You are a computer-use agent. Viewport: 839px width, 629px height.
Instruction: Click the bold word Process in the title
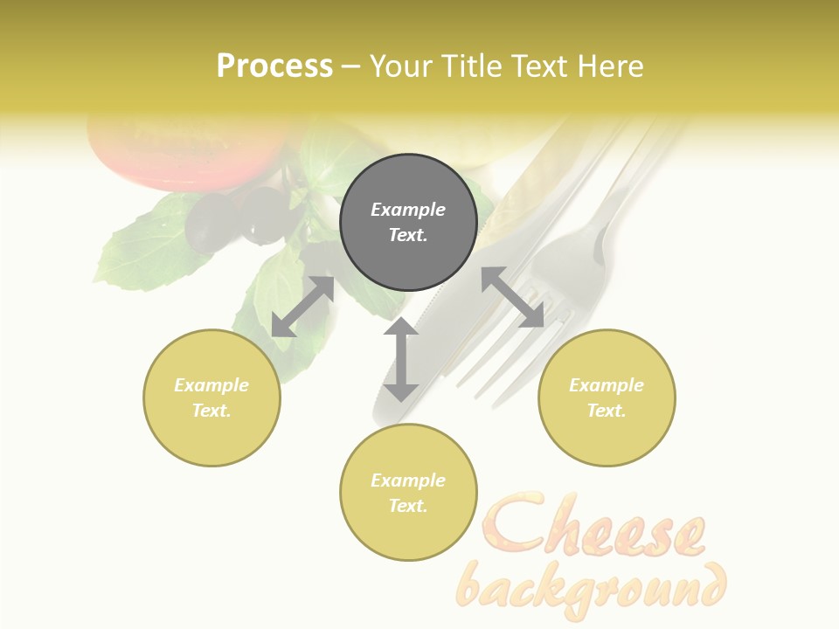(x=274, y=66)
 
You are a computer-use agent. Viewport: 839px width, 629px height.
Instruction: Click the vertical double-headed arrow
(x=401, y=360)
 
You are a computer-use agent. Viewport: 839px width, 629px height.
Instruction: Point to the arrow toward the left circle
(x=302, y=307)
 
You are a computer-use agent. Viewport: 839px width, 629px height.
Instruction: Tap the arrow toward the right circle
(x=513, y=298)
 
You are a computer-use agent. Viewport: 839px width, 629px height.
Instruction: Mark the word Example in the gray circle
(x=408, y=210)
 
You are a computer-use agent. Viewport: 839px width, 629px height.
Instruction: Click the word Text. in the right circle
(x=607, y=411)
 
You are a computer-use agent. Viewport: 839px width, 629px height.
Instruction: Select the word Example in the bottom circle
(x=408, y=480)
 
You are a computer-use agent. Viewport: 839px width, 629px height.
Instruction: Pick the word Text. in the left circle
(x=211, y=411)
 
